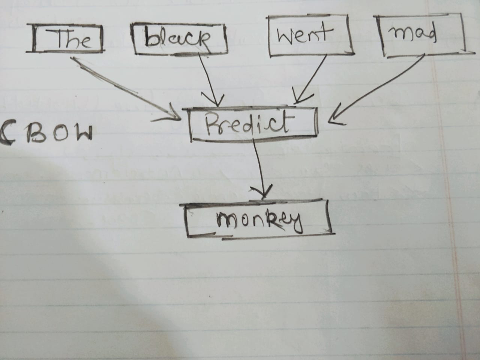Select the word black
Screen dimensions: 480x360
click(177, 38)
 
